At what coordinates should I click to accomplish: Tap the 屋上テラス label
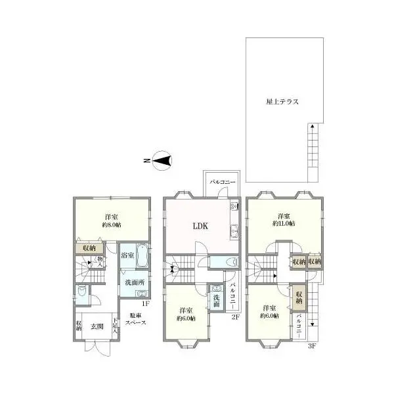[282, 102]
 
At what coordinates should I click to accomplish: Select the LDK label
[200, 226]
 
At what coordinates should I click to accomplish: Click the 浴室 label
[127, 255]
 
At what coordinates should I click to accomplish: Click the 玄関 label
[97, 326]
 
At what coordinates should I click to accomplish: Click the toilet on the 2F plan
[229, 262]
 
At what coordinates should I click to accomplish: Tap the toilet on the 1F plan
[81, 292]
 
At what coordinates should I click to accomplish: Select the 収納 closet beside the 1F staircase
[87, 248]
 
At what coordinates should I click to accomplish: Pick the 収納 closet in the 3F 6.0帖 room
[299, 297]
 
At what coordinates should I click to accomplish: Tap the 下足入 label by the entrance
[116, 326]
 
